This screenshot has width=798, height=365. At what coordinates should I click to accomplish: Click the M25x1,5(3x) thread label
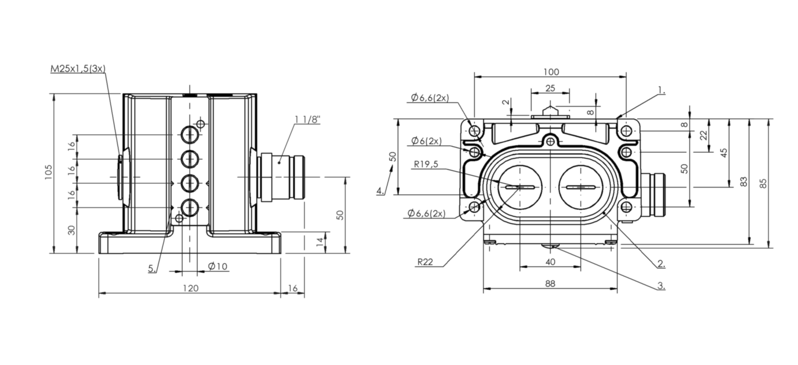(77, 68)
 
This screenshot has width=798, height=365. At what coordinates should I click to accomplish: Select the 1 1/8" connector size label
(308, 119)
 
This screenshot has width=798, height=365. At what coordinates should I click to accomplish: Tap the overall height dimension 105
(48, 173)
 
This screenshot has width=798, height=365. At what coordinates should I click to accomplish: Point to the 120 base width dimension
(190, 287)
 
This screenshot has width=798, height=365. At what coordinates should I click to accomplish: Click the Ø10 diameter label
(217, 266)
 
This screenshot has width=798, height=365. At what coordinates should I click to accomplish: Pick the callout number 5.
(152, 268)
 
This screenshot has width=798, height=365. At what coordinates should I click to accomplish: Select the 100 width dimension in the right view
(551, 72)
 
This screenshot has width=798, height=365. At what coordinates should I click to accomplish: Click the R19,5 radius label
(426, 164)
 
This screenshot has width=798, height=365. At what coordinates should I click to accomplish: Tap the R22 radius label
(424, 262)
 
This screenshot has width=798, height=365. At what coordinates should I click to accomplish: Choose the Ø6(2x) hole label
(426, 141)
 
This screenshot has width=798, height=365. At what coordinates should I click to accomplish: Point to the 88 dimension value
(550, 283)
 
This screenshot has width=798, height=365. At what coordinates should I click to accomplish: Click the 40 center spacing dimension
(551, 262)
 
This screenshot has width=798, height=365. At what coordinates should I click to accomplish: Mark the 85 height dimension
(764, 183)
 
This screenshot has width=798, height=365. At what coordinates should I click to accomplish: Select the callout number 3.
(660, 286)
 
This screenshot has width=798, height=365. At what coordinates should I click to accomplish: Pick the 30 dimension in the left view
(71, 230)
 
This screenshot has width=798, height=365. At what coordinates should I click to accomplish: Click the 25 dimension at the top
(550, 88)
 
